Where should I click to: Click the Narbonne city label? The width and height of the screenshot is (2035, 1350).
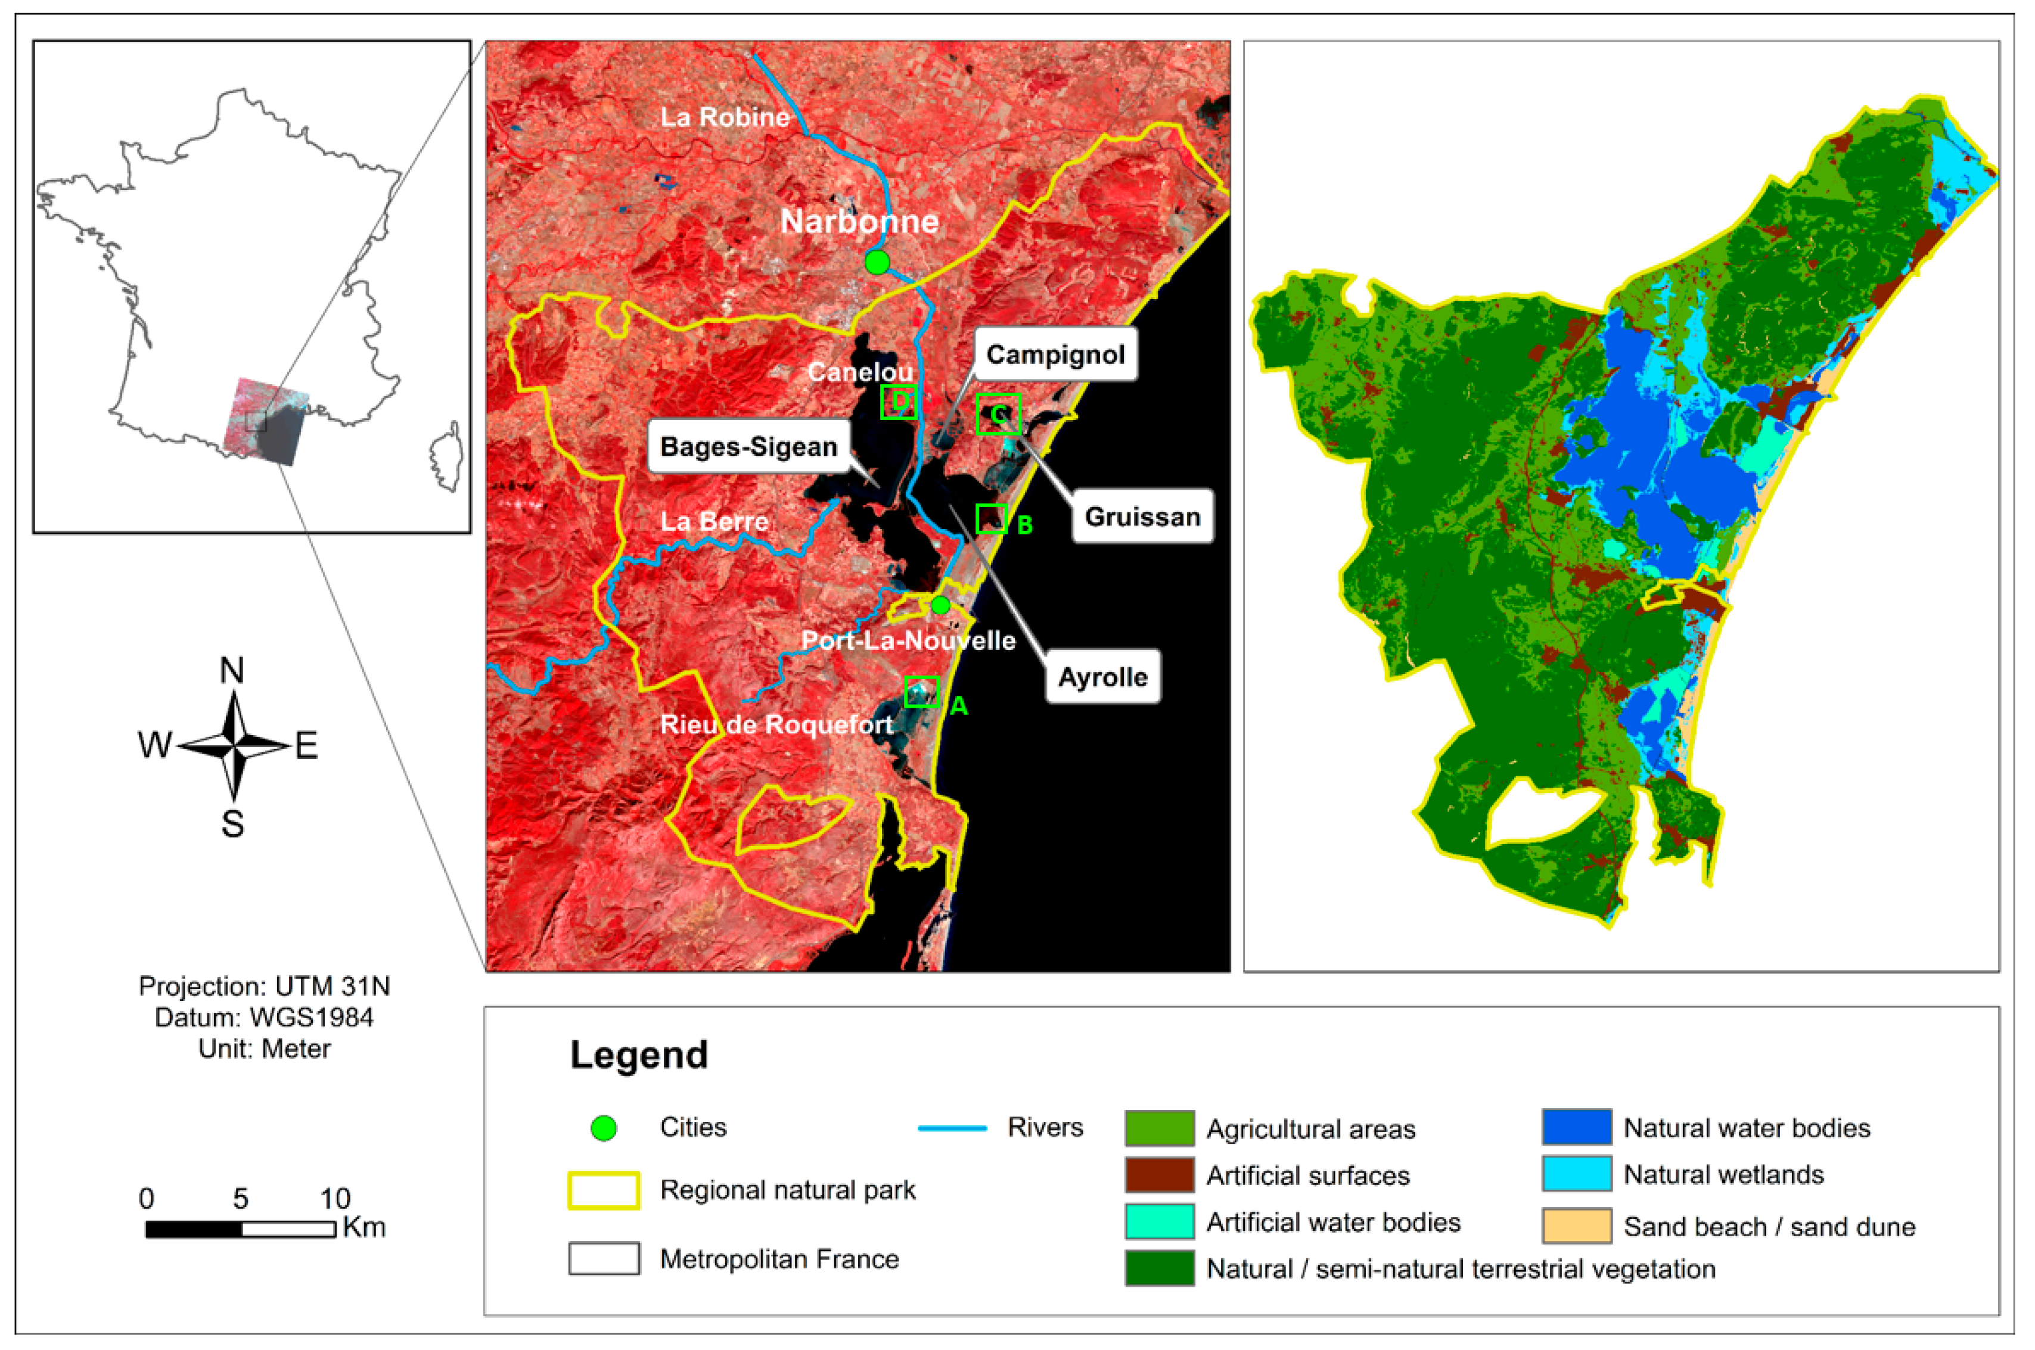pyautogui.click(x=859, y=222)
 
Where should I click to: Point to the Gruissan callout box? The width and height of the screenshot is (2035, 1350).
pyautogui.click(x=1142, y=517)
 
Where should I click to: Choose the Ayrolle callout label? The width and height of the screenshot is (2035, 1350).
pyautogui.click(x=1102, y=677)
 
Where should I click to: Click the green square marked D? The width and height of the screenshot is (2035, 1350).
pyautogui.click(x=898, y=402)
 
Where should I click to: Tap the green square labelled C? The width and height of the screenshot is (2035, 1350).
pyautogui.click(x=998, y=414)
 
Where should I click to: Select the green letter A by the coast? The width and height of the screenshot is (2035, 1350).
pyautogui.click(x=959, y=707)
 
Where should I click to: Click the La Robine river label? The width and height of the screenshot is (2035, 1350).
pyautogui.click(x=724, y=117)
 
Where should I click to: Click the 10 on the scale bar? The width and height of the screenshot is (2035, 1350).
pyautogui.click(x=335, y=1199)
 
